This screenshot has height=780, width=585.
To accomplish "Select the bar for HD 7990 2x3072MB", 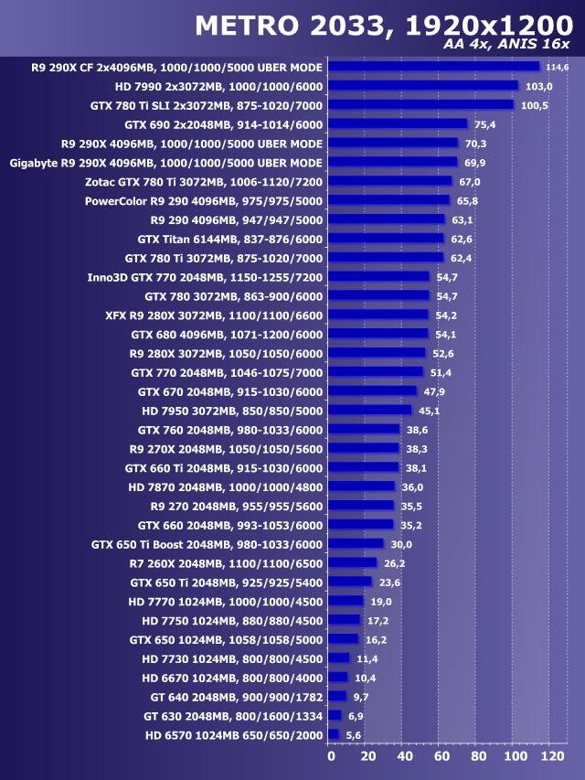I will tap(422, 86).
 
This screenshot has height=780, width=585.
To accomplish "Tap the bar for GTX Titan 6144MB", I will tap(385, 239).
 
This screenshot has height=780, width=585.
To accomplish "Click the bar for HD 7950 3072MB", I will tap(369, 410).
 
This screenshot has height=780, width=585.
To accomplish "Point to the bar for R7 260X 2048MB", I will tap(352, 562).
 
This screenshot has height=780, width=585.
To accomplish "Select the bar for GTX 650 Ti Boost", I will tap(356, 543).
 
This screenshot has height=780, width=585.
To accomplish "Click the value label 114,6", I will tap(557, 68).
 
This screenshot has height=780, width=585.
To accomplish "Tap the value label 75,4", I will tap(484, 124).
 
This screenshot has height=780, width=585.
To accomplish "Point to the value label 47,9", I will tap(433, 391).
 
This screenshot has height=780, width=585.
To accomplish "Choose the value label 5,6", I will tap(354, 734).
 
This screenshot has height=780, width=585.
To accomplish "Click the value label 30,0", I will tap(400, 543).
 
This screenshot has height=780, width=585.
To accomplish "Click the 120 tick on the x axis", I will tap(552, 757).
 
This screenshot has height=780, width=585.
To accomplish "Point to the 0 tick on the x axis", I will tap(331, 757).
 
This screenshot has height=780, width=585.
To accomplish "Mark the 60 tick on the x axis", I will tap(441, 757).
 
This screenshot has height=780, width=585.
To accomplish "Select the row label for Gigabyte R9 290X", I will tap(166, 163).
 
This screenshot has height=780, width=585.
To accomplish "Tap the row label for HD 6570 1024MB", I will tap(234, 734).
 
